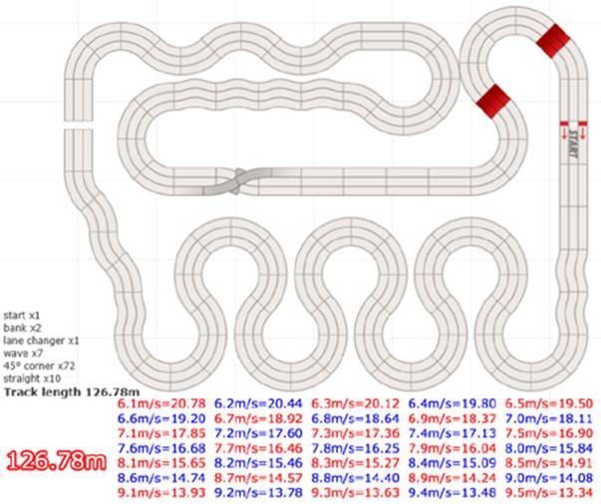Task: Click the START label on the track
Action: point(573,144)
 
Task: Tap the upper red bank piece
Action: point(553,41)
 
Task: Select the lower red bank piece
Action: point(493,102)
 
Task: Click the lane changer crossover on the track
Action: point(237,181)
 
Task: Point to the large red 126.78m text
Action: point(56,461)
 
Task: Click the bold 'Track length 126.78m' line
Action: point(72,391)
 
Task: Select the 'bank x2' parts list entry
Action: point(22,328)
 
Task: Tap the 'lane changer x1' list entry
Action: point(41,341)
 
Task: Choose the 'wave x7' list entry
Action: point(23,354)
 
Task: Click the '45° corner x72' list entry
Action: point(39,366)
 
